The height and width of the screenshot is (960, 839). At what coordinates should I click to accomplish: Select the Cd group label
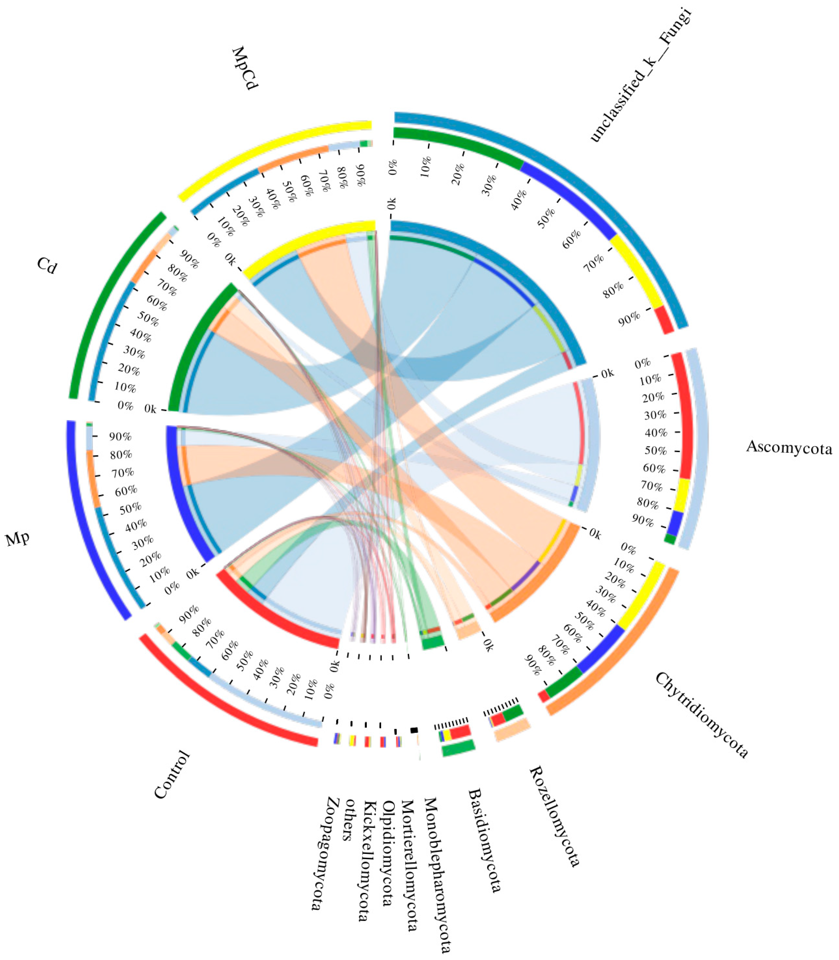(x=47, y=266)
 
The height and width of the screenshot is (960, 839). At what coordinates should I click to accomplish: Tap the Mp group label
(x=18, y=539)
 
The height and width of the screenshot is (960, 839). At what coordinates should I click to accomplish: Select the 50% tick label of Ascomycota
(x=656, y=451)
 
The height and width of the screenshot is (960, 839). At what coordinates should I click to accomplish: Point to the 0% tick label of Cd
(x=125, y=405)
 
